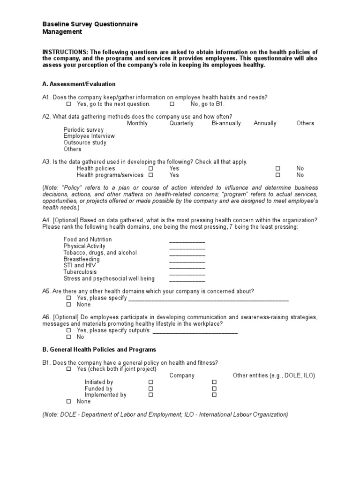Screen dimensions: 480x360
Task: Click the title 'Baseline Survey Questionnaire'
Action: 90,24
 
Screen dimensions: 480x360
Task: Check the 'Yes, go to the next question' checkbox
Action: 68,104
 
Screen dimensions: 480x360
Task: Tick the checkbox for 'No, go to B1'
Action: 172,104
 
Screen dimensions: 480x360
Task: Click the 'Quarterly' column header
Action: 181,123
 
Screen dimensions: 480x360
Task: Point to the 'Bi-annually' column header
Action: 226,123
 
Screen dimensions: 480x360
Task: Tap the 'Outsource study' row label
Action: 85,142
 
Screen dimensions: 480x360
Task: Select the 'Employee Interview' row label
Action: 89,136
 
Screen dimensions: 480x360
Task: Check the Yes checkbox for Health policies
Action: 151,168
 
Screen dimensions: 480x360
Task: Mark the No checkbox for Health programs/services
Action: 277,175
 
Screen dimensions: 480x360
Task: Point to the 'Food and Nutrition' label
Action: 88,240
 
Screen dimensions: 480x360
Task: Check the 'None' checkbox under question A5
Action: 68,304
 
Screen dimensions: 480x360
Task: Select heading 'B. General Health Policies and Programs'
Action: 99,350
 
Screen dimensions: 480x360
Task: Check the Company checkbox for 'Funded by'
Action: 151,389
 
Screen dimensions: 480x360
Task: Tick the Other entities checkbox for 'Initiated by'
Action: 214,382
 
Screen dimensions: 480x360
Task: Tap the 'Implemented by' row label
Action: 105,395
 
